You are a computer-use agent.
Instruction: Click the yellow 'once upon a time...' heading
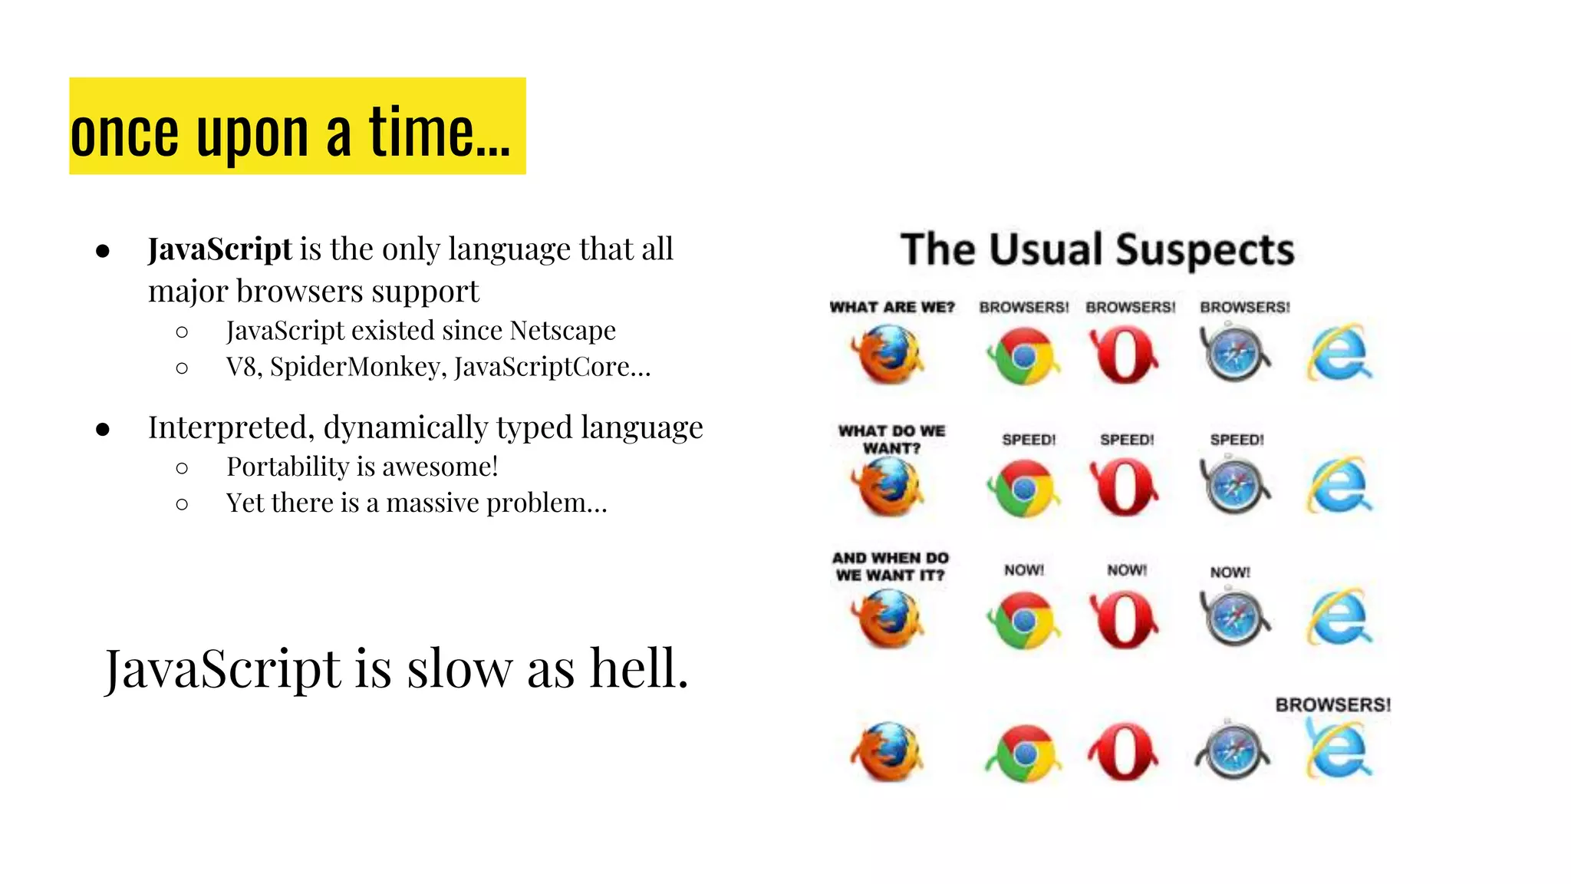click(297, 127)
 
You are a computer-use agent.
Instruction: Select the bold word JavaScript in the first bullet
click(219, 249)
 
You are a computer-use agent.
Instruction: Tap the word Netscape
click(562, 331)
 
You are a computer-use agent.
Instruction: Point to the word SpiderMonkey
click(357, 367)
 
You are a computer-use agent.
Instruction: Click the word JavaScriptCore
click(542, 367)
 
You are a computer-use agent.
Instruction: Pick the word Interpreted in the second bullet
click(227, 427)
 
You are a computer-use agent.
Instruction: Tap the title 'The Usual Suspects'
click(1097, 250)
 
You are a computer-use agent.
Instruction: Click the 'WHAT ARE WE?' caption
click(892, 307)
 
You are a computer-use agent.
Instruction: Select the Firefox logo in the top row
click(888, 355)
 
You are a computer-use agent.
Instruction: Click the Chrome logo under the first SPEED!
click(1023, 488)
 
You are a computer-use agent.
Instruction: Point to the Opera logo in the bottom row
click(1123, 751)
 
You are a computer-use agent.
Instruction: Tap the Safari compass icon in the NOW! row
click(1233, 618)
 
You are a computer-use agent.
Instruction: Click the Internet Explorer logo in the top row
click(1339, 354)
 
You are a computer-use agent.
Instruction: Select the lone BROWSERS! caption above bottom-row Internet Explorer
click(1332, 704)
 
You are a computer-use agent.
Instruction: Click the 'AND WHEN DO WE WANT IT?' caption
click(891, 566)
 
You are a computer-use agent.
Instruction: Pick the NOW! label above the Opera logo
click(1127, 570)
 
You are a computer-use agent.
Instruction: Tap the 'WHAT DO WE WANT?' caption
click(891, 439)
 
